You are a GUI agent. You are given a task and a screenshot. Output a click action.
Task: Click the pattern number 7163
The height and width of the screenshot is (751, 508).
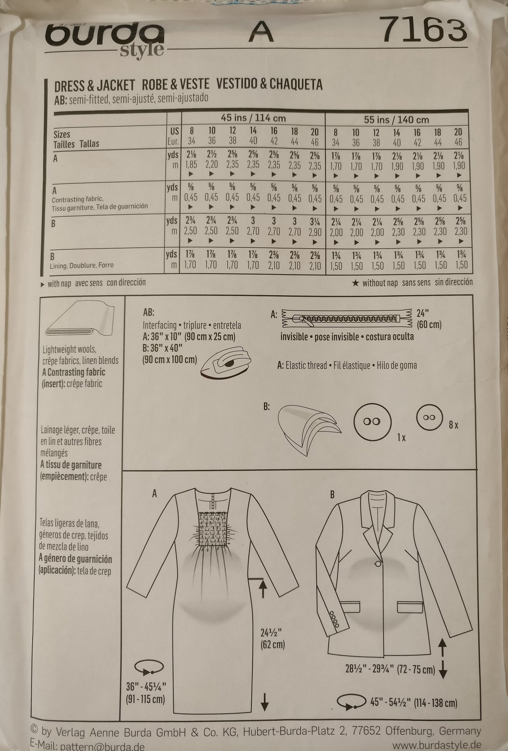click(x=424, y=29)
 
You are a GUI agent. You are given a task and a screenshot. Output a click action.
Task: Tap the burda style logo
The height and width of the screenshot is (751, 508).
click(x=105, y=39)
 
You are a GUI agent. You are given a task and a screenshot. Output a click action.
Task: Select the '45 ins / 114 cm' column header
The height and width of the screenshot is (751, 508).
click(x=253, y=118)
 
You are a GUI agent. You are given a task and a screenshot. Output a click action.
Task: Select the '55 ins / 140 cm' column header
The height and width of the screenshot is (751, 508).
click(x=396, y=119)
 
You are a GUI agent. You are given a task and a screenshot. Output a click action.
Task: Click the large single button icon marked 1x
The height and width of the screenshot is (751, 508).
click(x=372, y=422)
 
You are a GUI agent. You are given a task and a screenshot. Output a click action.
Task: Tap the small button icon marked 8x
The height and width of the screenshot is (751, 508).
click(x=429, y=418)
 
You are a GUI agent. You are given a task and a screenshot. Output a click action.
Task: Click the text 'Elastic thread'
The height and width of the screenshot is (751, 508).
click(x=306, y=365)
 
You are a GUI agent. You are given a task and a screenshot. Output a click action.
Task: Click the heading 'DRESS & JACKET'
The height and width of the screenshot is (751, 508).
click(x=95, y=85)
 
